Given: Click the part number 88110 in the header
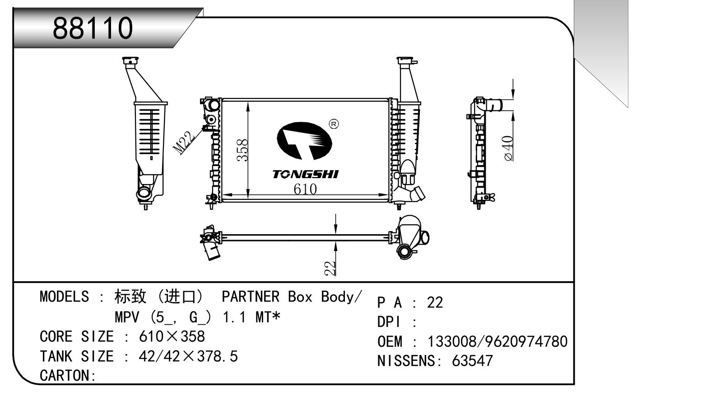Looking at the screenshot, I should coord(93,28).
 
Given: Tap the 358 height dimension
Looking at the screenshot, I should coord(242,150).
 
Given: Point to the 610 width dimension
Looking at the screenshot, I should coord(305,189).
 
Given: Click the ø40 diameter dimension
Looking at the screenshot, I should coord(508,148).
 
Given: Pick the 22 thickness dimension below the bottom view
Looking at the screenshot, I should coord(330,268).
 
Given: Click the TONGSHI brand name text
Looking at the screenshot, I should coord(305,175).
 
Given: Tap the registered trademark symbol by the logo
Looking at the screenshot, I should coord(334,124).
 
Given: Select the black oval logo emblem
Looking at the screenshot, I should coord(303,141).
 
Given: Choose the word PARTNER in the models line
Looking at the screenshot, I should coord(251,297).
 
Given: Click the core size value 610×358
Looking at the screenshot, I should coord(172,336).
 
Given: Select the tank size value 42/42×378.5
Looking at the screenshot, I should coord(188,356).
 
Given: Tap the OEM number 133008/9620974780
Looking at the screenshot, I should coord(497,341).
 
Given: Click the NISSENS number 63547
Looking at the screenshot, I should coord(472,361).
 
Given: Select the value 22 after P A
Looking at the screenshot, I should coord(435,302).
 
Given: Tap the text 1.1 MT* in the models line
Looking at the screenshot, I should coord(251,317).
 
